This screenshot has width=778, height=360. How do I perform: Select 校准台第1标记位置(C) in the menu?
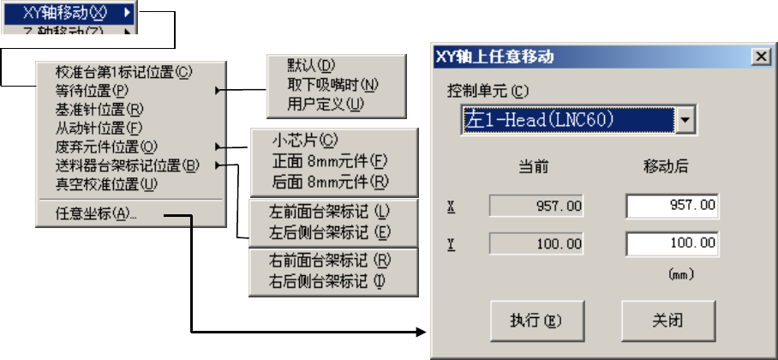[x=124, y=74]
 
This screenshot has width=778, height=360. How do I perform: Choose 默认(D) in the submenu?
[x=311, y=66]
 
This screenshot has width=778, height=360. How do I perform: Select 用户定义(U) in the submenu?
[x=326, y=104]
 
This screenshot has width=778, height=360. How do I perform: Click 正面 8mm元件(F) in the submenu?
[x=330, y=160]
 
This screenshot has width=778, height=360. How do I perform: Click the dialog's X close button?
[x=758, y=57]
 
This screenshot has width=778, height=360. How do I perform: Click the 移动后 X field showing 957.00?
[x=672, y=207]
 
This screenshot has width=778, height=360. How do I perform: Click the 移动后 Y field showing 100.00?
[x=672, y=244]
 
